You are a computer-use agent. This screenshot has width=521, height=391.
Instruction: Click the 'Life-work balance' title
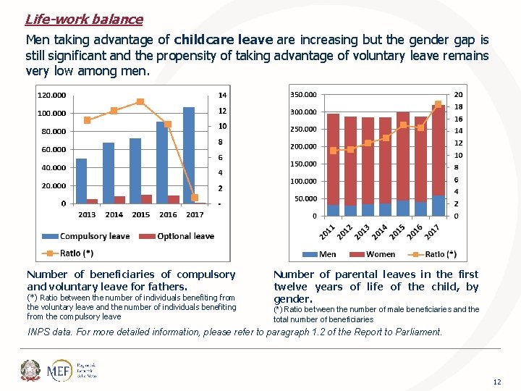click(x=84, y=20)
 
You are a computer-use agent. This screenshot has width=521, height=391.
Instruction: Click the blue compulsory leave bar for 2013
click(x=81, y=181)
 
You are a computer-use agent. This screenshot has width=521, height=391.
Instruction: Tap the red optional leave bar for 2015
click(x=146, y=199)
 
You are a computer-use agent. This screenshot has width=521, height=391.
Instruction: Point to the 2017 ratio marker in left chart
click(x=195, y=198)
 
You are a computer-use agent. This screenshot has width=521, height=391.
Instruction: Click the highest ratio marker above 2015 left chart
click(x=140, y=101)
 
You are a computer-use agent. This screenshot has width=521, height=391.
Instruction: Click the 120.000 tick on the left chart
click(x=51, y=95)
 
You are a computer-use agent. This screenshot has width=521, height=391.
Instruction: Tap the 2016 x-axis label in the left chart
click(x=168, y=214)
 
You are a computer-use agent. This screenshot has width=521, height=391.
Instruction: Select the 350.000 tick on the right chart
click(x=302, y=95)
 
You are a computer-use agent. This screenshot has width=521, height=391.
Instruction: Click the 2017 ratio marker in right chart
click(x=438, y=104)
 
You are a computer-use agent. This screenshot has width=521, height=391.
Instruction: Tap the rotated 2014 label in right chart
click(x=380, y=231)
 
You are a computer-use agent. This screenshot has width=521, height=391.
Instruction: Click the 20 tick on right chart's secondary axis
click(x=458, y=95)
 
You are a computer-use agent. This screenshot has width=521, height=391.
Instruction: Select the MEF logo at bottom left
click(x=58, y=371)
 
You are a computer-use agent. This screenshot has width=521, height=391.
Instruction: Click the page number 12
click(x=496, y=382)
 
